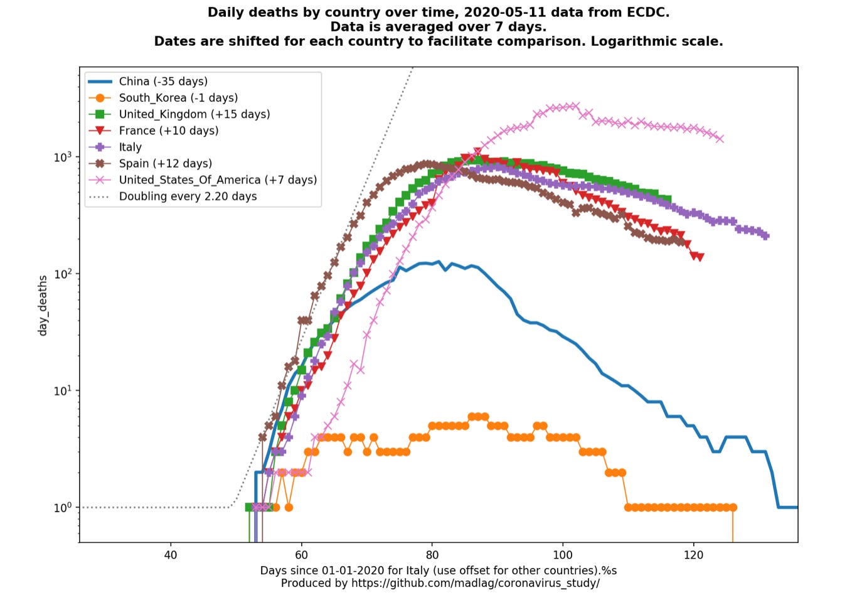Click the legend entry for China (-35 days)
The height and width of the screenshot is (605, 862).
point(163,82)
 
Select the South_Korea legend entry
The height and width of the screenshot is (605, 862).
point(178,98)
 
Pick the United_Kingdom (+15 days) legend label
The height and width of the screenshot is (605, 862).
point(194,114)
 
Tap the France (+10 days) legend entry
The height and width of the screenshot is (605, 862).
point(169,131)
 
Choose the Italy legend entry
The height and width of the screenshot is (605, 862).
point(130,147)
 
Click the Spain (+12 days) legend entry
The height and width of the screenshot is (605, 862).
point(166,163)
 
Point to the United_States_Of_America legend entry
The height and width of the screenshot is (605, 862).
point(218,180)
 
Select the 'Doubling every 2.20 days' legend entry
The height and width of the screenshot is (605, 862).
point(188,196)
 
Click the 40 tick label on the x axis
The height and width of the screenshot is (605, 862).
point(170,555)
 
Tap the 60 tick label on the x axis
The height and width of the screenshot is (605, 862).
point(301,555)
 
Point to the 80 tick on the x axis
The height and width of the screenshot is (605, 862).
point(432,555)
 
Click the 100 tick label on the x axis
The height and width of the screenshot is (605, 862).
point(563,555)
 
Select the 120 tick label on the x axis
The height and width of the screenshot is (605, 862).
point(694,555)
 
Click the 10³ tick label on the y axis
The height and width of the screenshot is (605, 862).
point(63,157)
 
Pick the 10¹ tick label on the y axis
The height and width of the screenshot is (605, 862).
point(63,391)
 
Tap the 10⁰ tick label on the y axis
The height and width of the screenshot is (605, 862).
point(63,508)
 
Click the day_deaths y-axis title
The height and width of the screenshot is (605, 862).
point(43,305)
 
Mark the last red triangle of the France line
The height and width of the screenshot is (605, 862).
point(700,257)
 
